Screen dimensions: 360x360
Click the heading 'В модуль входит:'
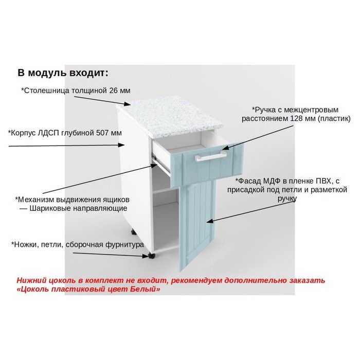63,73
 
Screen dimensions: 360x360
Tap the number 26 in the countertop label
114,91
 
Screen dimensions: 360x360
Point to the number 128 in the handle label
296,118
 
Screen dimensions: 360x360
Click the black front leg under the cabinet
152,256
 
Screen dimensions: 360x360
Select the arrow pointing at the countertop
102,101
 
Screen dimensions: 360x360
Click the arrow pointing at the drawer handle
257,137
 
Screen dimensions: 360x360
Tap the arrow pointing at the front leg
111,255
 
